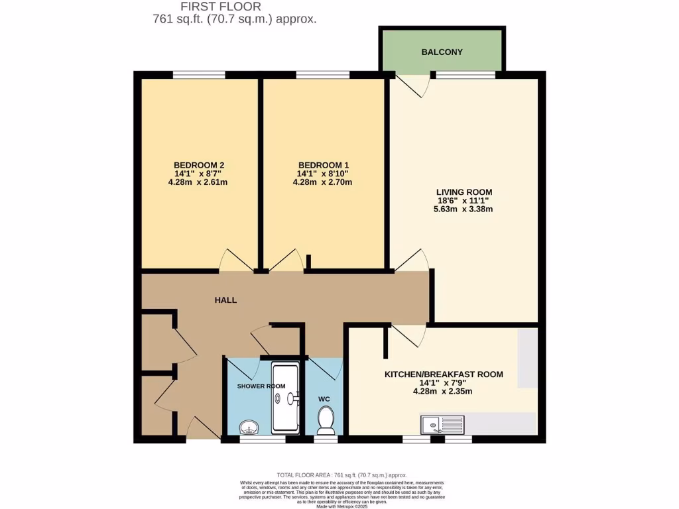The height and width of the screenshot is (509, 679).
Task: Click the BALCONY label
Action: coord(442,52)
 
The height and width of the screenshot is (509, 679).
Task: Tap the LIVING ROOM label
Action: coord(463,192)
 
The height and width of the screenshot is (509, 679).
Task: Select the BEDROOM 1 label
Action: coord(323,165)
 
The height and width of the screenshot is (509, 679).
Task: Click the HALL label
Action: coord(225,300)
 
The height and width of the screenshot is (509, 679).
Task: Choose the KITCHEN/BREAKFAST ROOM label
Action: coord(444,374)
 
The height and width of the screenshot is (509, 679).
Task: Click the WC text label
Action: coord(324,399)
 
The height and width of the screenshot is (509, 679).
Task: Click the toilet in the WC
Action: coord(325,418)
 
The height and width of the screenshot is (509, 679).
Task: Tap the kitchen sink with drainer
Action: coord(444,422)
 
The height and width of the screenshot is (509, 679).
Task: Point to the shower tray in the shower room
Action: coord(286,398)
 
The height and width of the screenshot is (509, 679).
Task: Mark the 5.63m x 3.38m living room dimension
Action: coord(463,209)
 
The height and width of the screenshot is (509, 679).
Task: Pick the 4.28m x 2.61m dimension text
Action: coord(198,182)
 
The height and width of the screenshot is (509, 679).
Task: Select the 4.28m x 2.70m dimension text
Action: coord(323,182)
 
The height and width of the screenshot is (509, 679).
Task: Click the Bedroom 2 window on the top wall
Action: coord(198,75)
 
